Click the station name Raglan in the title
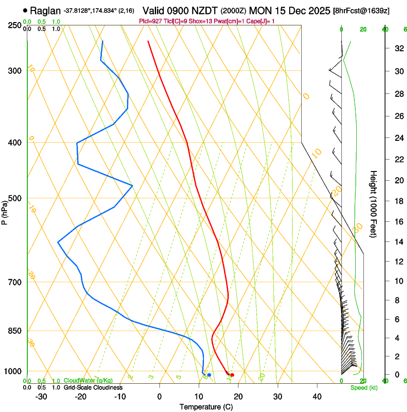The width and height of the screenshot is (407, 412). [45, 10]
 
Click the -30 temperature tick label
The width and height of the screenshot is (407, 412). [41, 397]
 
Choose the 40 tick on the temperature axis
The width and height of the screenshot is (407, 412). [317, 397]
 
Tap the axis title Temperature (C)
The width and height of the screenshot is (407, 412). [206, 407]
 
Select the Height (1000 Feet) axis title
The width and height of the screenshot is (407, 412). [374, 204]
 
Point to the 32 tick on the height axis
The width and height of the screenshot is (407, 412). [397, 48]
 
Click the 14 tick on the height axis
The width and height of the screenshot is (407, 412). [397, 242]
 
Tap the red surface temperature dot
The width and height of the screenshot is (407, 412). [232, 375]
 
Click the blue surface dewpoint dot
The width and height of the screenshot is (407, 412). [209, 375]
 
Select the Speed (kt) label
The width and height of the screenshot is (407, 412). [363, 388]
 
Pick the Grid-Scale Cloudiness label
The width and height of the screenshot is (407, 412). [93, 388]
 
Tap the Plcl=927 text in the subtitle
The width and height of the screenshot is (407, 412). [149, 21]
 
